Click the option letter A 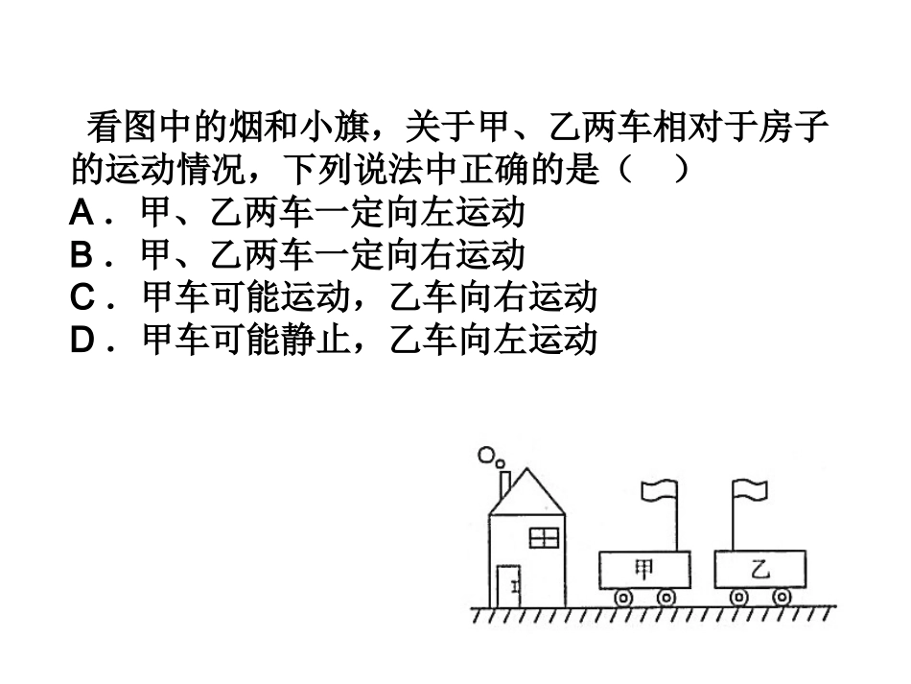pyautogui.click(x=82, y=213)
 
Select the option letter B pyautogui.click(x=82, y=255)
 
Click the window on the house pyautogui.click(x=544, y=536)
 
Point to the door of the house pyautogui.click(x=507, y=585)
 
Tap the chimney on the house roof pyautogui.click(x=503, y=483)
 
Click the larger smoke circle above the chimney pyautogui.click(x=487, y=454)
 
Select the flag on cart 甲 pyautogui.click(x=660, y=491)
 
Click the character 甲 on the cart pyautogui.click(x=643, y=570)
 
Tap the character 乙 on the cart pyautogui.click(x=759, y=570)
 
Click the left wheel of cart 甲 pyautogui.click(x=622, y=598)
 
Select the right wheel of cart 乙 pyautogui.click(x=783, y=597)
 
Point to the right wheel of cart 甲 pyautogui.click(x=666, y=598)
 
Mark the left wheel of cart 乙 pyautogui.click(x=738, y=597)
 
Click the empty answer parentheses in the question pyautogui.click(x=652, y=170)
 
